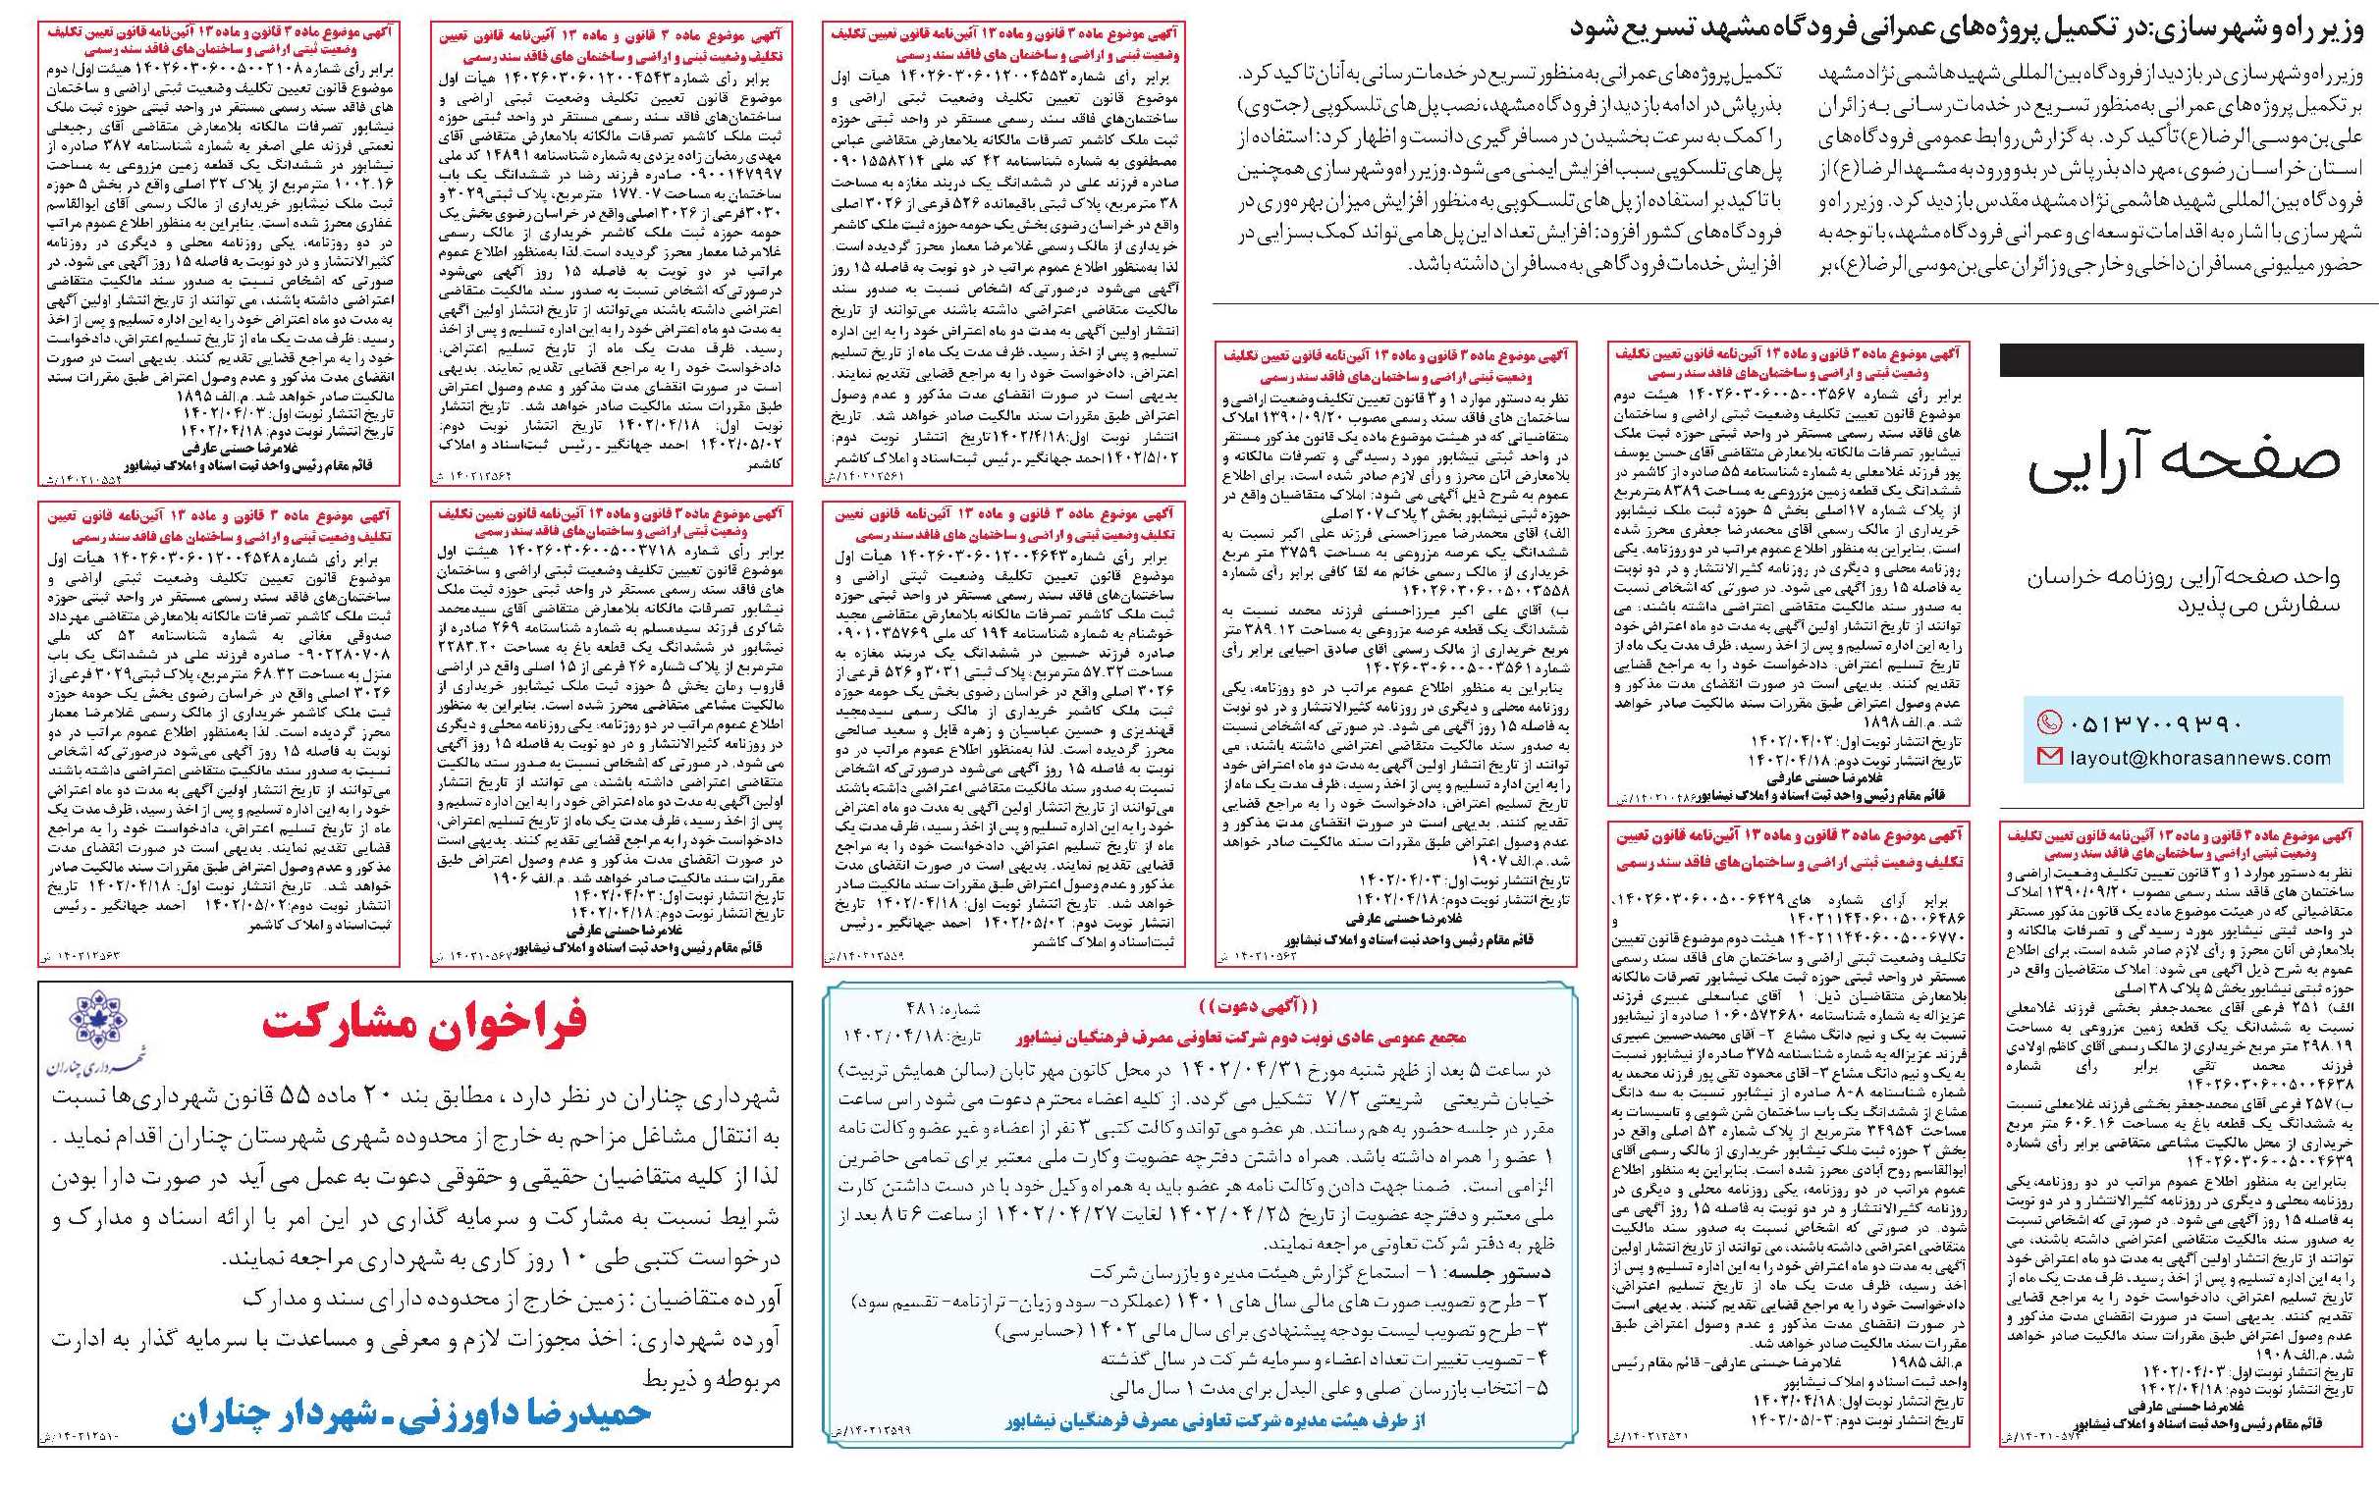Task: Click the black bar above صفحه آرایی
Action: (2181, 359)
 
